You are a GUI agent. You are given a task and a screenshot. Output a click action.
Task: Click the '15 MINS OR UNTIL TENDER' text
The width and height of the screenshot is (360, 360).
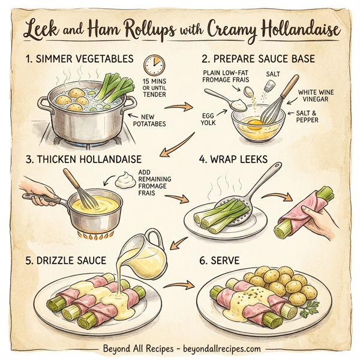click(156, 89)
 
